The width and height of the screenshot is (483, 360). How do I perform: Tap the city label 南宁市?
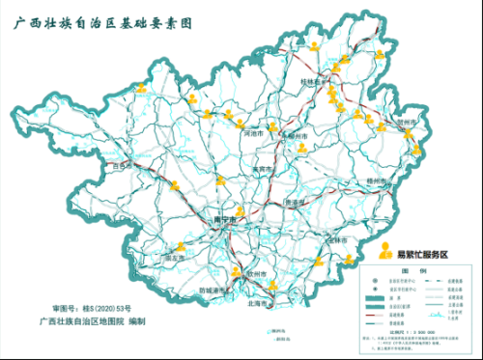[x=224, y=221]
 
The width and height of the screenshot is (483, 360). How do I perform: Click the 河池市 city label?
[x=254, y=135]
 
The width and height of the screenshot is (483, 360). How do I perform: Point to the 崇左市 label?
[x=174, y=258]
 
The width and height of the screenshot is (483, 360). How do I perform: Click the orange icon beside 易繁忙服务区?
[x=386, y=252]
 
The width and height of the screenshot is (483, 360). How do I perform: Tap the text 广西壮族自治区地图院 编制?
[x=92, y=320]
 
